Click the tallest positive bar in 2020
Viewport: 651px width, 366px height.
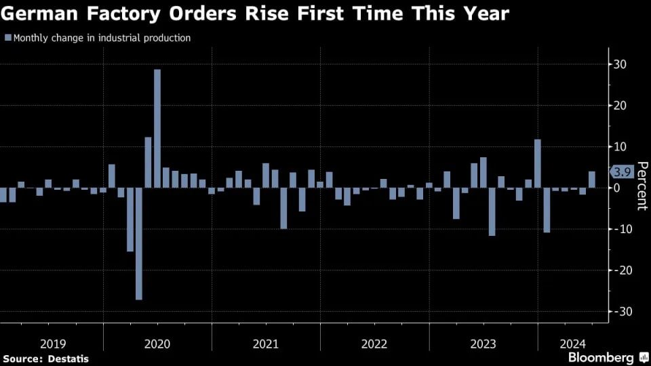[x=157, y=128]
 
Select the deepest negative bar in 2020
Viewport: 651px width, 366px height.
[x=139, y=243]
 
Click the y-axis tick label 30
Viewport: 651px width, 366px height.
[x=620, y=64]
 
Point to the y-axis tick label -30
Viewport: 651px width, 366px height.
[x=618, y=311]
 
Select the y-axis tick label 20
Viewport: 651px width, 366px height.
[x=620, y=106]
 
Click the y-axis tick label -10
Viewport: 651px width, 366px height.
[x=618, y=229]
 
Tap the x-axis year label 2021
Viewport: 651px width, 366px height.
[x=266, y=344]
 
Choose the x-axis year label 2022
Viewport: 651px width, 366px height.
[x=374, y=344]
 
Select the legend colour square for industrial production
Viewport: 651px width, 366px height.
[x=7, y=38]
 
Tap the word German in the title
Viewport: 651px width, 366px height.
[x=34, y=13]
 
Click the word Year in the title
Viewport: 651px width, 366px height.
[x=484, y=13]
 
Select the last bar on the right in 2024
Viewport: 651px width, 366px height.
[x=592, y=180]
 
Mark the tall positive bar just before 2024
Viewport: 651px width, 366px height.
[x=538, y=163]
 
